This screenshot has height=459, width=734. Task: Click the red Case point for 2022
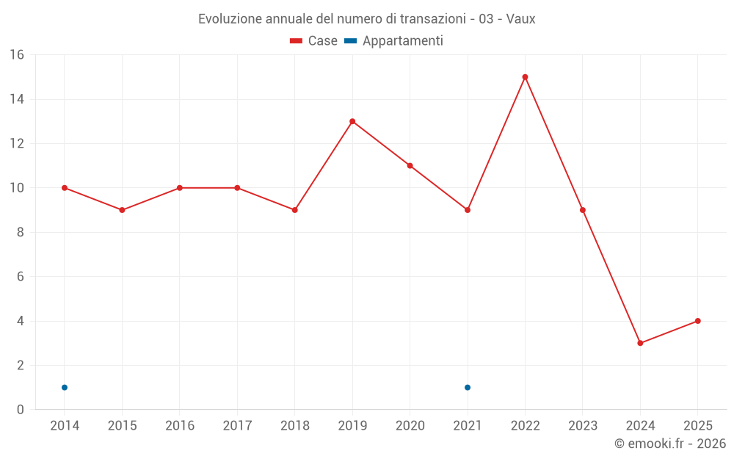525,77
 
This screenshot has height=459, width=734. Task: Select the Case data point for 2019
352,121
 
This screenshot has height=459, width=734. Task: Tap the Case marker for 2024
640,343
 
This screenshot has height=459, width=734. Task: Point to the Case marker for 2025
697,321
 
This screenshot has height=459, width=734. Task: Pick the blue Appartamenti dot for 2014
65,387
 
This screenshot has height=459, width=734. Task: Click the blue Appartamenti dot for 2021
468,387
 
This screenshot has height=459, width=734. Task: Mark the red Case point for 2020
410,165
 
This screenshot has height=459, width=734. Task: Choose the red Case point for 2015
122,210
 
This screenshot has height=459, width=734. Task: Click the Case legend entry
314,41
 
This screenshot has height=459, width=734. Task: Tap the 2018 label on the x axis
294,426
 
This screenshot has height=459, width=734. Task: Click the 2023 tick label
583,426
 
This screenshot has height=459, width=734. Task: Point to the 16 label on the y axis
17,55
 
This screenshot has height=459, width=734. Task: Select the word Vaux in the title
520,19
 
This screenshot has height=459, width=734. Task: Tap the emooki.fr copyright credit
670,444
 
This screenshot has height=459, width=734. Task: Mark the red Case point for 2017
237,188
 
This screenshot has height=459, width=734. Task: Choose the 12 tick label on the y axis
17,144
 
